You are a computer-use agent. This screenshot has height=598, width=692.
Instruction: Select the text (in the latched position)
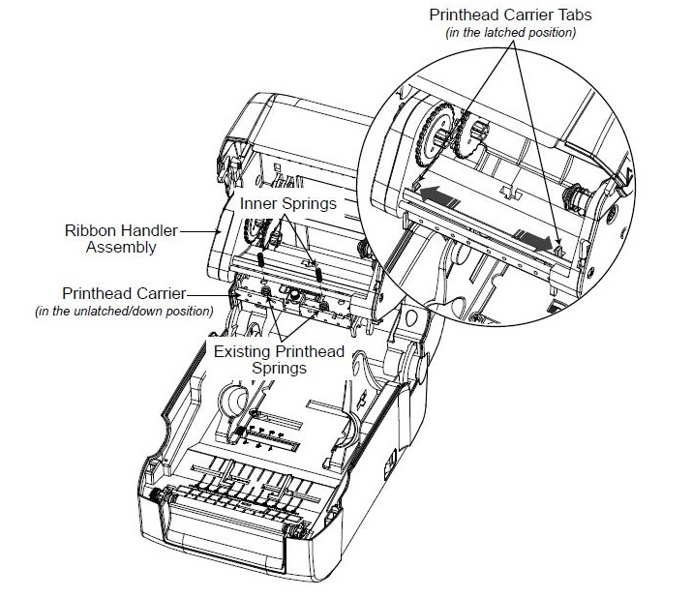(510, 33)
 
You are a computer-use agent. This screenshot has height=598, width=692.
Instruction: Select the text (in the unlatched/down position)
(123, 311)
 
